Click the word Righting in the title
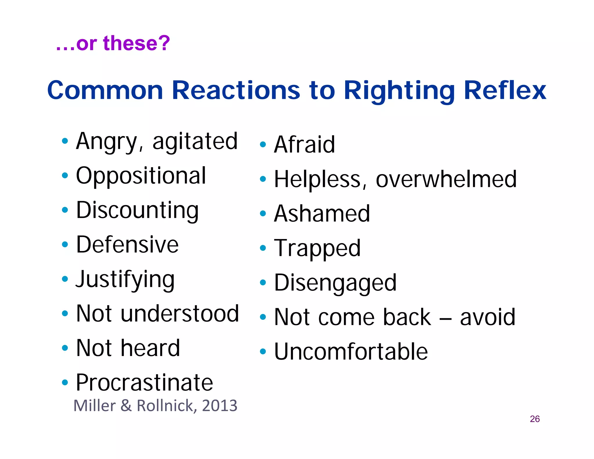(x=399, y=91)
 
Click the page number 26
(x=535, y=419)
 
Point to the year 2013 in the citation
(x=220, y=405)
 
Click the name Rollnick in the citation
(x=165, y=405)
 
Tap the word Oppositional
(x=141, y=176)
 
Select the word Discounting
(x=137, y=210)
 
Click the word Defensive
(x=127, y=245)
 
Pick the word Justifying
(x=125, y=279)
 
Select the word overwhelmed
(x=446, y=179)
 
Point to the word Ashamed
(x=322, y=214)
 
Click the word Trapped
(x=317, y=248)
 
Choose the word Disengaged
(x=335, y=283)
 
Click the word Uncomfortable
(x=351, y=351)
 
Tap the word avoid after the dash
(x=488, y=317)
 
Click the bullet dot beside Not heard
(x=65, y=348)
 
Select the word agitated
(x=195, y=141)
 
